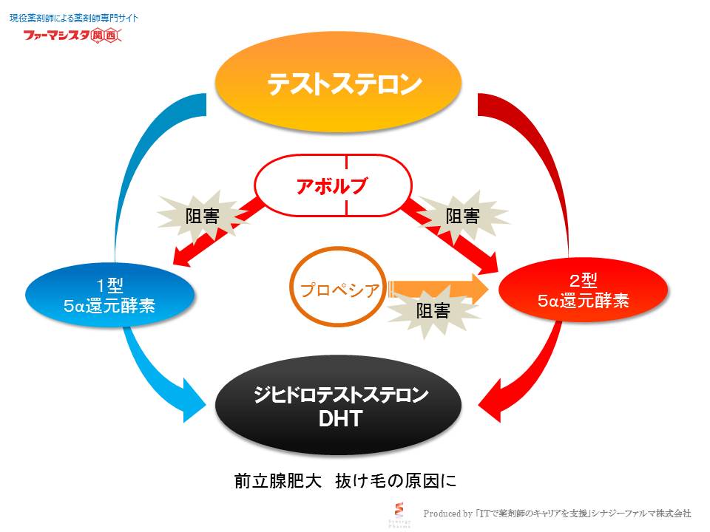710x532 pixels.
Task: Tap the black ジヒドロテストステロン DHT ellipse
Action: tap(338, 407)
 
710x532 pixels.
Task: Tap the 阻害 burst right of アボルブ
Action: tap(463, 216)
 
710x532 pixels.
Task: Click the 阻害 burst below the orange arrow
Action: tap(433, 310)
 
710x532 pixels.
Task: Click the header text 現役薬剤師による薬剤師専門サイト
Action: tap(73, 16)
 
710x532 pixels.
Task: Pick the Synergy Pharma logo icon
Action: tap(401, 511)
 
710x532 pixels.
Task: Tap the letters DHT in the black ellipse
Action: tap(339, 419)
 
